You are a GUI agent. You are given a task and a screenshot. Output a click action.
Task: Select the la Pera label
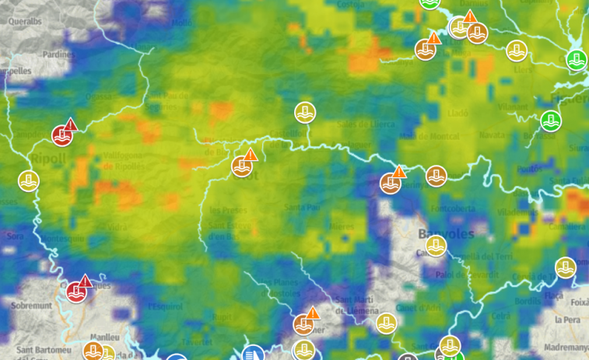tap(567, 320)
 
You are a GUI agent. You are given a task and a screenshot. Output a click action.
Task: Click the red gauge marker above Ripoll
tap(62, 135)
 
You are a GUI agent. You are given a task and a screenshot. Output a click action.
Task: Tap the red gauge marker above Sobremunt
tap(76, 292)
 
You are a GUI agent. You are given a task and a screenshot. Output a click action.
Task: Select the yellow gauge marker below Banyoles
tap(436, 246)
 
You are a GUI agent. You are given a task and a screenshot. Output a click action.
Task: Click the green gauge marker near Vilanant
tap(551, 121)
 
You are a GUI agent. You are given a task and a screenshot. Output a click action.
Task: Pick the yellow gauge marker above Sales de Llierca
tap(305, 113)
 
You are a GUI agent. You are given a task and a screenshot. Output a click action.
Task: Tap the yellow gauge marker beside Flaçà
tap(566, 267)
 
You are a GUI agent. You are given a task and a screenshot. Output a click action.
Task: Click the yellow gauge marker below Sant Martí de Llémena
tap(387, 323)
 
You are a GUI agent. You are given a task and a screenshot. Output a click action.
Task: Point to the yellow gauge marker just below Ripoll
tap(29, 181)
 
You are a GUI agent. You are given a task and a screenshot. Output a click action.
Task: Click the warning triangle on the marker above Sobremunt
tap(86, 281)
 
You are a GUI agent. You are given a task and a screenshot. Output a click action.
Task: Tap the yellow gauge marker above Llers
tap(516, 51)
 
